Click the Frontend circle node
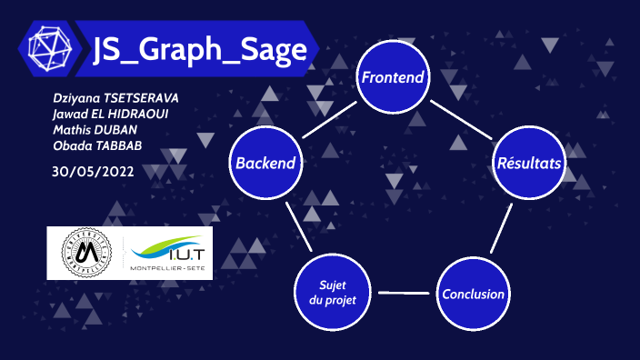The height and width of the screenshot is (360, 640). coord(393,77)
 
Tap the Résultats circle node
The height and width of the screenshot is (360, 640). coord(528,164)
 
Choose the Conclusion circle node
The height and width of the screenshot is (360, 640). coord(472,294)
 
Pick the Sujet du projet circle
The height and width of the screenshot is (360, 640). coord(331,293)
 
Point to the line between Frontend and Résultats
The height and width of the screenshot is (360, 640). coord(461,120)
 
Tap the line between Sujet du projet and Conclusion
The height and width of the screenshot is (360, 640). coord(402,294)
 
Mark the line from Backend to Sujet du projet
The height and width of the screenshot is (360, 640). coord(297,227)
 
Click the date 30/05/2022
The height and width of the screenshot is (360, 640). coord(94,172)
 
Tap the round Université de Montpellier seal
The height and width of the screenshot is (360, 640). coord(85,252)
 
